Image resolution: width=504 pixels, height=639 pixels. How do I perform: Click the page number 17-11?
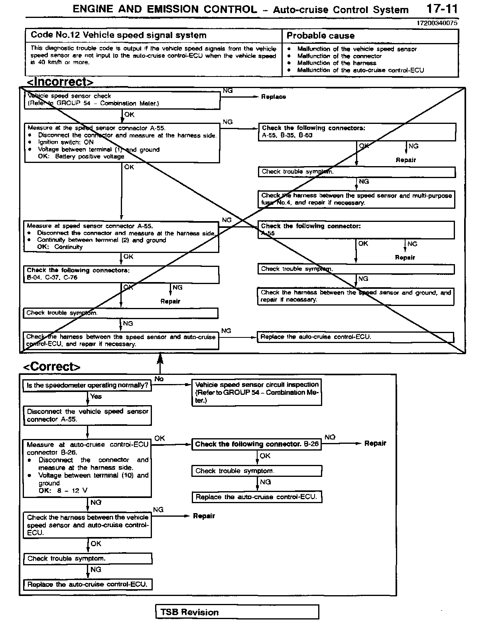(x=442, y=9)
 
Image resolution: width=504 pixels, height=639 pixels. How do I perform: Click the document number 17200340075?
(x=437, y=23)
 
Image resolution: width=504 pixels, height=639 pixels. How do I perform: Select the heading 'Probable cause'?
(x=320, y=36)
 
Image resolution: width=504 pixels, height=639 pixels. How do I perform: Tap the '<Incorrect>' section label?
(x=60, y=82)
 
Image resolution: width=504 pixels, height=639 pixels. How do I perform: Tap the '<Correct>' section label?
(x=52, y=367)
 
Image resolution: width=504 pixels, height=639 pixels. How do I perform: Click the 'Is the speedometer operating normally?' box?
(x=87, y=386)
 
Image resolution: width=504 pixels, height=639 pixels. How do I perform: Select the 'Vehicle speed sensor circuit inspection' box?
(x=257, y=392)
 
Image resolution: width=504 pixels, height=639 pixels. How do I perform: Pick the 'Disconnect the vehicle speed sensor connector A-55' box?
(x=87, y=415)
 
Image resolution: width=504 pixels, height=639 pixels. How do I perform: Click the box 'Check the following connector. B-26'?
(x=257, y=444)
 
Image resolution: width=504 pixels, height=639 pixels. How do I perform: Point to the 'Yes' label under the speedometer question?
(x=96, y=396)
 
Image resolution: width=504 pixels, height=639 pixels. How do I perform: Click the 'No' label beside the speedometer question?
(x=159, y=379)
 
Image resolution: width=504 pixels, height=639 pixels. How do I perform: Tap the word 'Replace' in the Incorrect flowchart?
(x=274, y=97)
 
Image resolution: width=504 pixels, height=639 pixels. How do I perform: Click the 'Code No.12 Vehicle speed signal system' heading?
(x=118, y=35)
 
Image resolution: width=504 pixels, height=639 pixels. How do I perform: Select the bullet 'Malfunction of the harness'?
(x=337, y=63)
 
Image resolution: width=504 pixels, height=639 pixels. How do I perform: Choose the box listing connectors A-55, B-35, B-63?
(x=357, y=132)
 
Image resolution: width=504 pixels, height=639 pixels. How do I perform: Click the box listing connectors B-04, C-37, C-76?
(x=121, y=274)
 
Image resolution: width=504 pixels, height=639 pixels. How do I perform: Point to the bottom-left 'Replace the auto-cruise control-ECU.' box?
(x=87, y=585)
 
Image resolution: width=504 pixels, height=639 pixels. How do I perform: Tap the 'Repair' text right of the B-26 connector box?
(x=375, y=443)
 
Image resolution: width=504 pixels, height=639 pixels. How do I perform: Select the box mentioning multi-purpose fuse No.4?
(x=356, y=199)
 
